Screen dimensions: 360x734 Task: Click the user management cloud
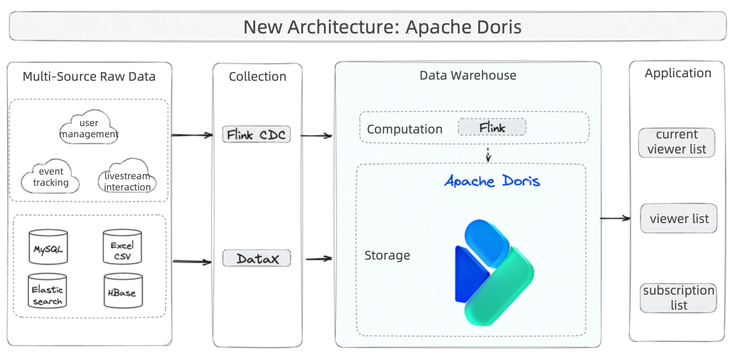pos(89,128)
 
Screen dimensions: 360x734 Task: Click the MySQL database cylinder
pos(48,247)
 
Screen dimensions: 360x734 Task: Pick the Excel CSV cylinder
pos(122,247)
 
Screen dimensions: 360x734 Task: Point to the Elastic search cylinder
pos(47,291)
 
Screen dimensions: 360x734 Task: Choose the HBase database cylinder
pos(123,291)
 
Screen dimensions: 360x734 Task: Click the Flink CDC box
pos(256,135)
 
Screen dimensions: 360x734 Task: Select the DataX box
pos(257,258)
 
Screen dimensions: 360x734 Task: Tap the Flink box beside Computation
pos(492,127)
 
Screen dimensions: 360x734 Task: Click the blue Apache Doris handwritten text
pos(492,181)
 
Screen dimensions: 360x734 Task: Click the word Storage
pos(387,255)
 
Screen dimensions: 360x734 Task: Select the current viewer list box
pos(676,142)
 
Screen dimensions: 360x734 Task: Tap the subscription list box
pos(678,298)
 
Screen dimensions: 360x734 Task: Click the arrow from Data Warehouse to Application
pos(615,218)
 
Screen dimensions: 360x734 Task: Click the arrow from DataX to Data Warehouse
pos(319,259)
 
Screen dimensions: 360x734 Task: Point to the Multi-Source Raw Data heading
pos(89,77)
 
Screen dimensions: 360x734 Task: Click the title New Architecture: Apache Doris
pos(382,27)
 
